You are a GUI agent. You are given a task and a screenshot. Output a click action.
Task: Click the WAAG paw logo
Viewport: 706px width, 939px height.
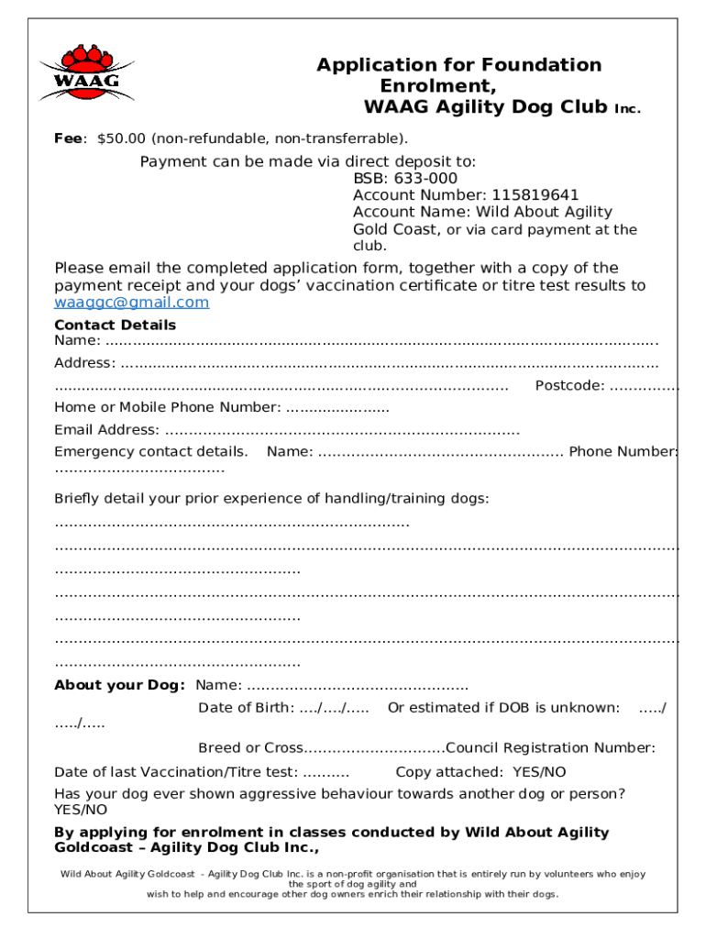pos(86,72)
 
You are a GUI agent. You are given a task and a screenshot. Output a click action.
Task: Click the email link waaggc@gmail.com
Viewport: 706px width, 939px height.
pos(131,303)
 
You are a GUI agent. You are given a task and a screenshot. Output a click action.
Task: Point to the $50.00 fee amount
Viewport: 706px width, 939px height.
pos(121,139)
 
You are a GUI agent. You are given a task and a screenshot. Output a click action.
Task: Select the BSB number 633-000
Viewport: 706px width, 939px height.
pos(426,178)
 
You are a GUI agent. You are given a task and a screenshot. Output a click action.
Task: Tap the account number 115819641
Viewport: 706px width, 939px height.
pos(535,194)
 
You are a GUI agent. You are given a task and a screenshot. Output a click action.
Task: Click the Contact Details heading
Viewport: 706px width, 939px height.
pos(115,325)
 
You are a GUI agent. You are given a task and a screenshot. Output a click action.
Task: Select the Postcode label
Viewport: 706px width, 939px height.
pos(568,385)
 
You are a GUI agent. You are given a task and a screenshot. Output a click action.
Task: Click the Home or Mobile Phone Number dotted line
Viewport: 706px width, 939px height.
pos(337,407)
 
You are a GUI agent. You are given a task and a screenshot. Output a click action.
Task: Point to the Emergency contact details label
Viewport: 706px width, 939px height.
pos(150,451)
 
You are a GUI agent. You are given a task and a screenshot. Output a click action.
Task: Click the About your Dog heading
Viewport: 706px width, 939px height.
pos(119,685)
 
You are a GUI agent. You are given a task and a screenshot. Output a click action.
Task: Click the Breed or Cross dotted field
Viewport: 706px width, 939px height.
pos(373,747)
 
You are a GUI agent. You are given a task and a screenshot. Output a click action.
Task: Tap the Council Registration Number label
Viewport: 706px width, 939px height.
pos(550,747)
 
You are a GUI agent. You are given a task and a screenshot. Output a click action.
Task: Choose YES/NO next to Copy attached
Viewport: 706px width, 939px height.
pos(539,771)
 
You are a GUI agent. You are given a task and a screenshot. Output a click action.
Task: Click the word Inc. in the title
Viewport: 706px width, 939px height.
pos(627,109)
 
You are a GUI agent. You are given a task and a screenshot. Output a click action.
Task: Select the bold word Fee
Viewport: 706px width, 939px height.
pos(68,139)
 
